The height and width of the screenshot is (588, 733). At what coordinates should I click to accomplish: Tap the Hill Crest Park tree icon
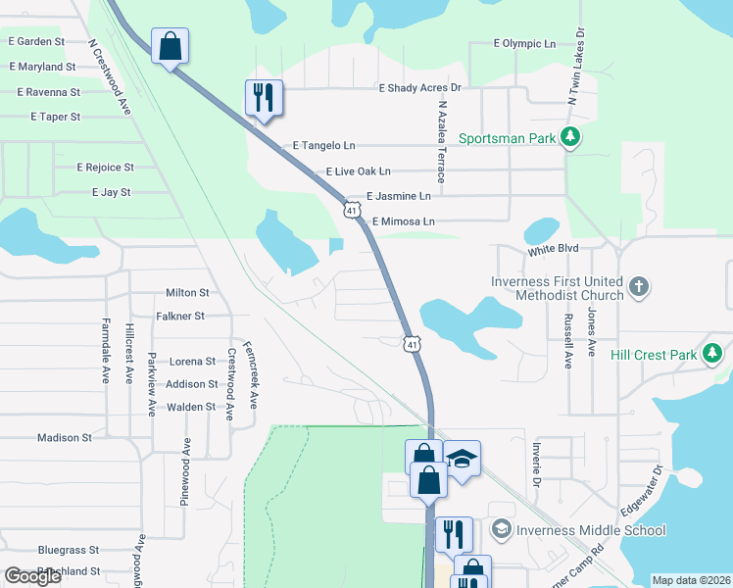pyautogui.click(x=711, y=354)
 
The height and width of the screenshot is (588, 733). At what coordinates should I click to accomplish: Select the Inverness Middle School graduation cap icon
pyautogui.click(x=502, y=530)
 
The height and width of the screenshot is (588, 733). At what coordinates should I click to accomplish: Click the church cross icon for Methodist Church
pyautogui.click(x=638, y=287)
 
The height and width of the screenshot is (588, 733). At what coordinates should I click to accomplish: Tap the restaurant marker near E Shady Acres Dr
pyautogui.click(x=264, y=98)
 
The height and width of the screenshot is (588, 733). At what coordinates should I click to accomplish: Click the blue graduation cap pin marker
pyautogui.click(x=462, y=458)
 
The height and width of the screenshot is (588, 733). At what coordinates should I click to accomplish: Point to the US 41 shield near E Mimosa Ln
pyautogui.click(x=350, y=210)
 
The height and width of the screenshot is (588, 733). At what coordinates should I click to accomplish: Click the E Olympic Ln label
pyautogui.click(x=524, y=44)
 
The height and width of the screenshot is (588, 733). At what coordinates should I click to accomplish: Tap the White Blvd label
pyautogui.click(x=554, y=251)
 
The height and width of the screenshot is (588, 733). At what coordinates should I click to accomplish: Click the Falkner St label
pyautogui.click(x=180, y=317)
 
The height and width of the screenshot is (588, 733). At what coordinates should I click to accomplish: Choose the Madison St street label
pyautogui.click(x=65, y=438)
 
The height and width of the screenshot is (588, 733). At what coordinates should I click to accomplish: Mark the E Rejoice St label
pyautogui.click(x=105, y=168)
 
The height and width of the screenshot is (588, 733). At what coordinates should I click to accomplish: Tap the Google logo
pyautogui.click(x=31, y=576)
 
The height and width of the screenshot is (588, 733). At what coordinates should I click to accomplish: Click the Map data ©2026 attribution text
pyautogui.click(x=691, y=580)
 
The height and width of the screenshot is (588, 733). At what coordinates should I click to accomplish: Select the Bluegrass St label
pyautogui.click(x=70, y=551)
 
